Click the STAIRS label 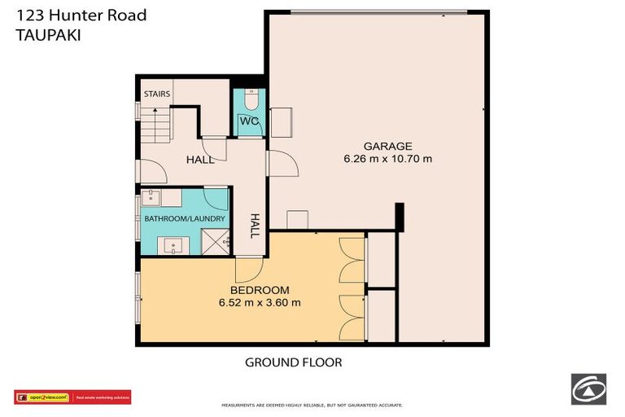click(157, 94)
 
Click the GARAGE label click(387, 147)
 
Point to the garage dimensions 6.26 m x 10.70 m click(387, 159)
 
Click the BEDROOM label click(260, 290)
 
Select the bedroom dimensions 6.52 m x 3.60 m click(260, 302)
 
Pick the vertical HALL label click(255, 226)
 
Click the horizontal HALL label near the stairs click(199, 160)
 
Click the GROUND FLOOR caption click(294, 362)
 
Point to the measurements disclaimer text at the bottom click(312, 405)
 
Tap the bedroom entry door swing click(247, 270)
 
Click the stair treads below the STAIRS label click(156, 126)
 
